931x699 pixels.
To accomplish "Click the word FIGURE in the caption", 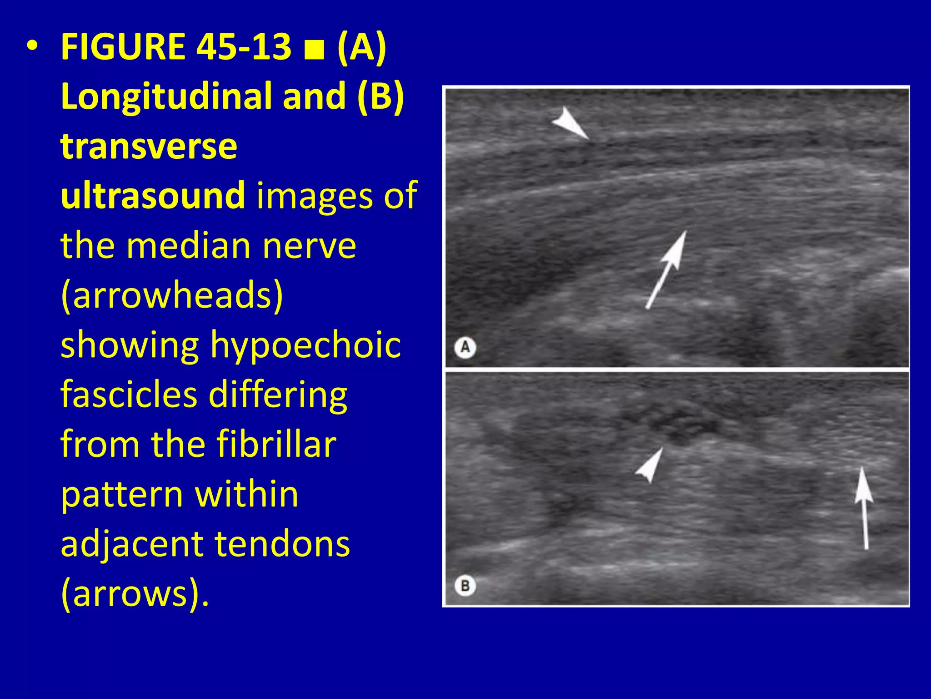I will tap(123, 47).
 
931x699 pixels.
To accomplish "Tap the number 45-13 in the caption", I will tap(244, 47).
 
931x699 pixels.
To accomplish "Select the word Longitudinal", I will tap(166, 96).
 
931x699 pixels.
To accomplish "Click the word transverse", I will tap(149, 146).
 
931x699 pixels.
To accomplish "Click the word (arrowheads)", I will tap(172, 296).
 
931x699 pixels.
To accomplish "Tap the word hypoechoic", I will tap(305, 345).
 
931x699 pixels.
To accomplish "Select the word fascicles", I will tap(129, 395).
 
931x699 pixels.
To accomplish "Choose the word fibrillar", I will tap(276, 444).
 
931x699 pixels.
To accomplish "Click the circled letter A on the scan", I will tap(465, 348).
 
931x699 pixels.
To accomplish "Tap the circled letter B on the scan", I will tap(465, 585).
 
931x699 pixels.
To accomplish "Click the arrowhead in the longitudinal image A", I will tap(570, 123).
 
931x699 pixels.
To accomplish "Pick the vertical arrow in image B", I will tap(863, 507).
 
